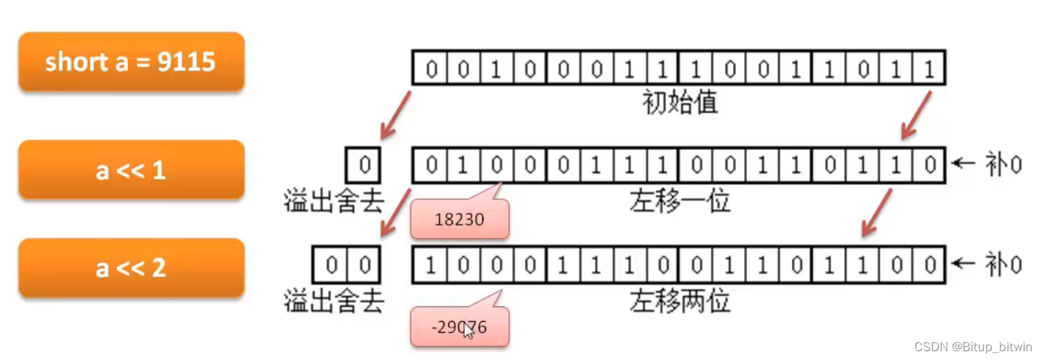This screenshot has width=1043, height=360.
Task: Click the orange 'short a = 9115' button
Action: click(131, 62)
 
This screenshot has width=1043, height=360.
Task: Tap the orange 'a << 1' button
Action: click(131, 170)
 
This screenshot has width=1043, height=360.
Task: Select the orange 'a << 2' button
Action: click(131, 267)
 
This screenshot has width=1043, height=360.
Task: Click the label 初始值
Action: click(679, 103)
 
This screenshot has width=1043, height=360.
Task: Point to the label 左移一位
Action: click(679, 201)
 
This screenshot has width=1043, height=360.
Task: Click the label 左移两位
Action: click(679, 300)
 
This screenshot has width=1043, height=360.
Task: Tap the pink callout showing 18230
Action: click(459, 218)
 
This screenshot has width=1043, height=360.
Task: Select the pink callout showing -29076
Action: click(459, 327)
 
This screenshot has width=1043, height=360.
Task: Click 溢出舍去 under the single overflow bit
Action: click(333, 201)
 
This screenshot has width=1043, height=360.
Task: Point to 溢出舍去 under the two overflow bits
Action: click(333, 300)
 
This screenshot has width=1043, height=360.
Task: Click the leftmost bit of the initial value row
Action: click(430, 69)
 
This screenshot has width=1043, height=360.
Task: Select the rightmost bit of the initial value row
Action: click(928, 69)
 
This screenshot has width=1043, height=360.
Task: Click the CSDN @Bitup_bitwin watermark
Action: click(970, 347)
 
